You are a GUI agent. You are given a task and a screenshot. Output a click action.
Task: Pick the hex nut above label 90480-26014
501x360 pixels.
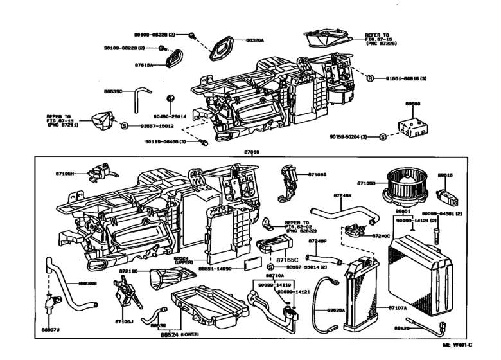(x=170, y=98)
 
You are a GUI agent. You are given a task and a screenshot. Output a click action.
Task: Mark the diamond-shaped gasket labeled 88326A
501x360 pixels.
(x=223, y=48)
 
